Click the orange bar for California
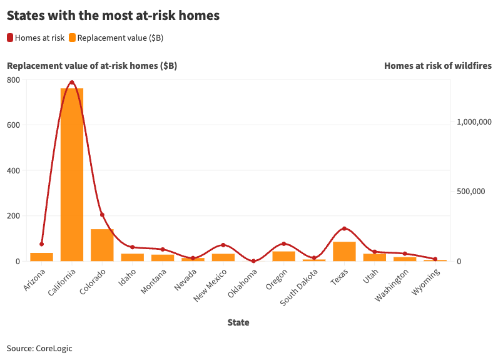coord(72,175)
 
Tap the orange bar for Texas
coord(344,252)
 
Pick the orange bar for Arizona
coord(42,257)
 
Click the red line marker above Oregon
coord(283,244)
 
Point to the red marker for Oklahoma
coord(253,261)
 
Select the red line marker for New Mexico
coord(223,245)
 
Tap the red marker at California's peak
coord(72,82)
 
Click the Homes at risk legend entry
coord(36,38)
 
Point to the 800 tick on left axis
coord(13,80)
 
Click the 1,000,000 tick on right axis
coord(471,123)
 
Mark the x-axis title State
coord(238,322)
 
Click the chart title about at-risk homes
coord(113,16)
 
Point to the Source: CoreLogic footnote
coord(39,348)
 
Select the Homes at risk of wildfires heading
coord(437,66)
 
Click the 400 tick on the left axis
coord(13,170)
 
